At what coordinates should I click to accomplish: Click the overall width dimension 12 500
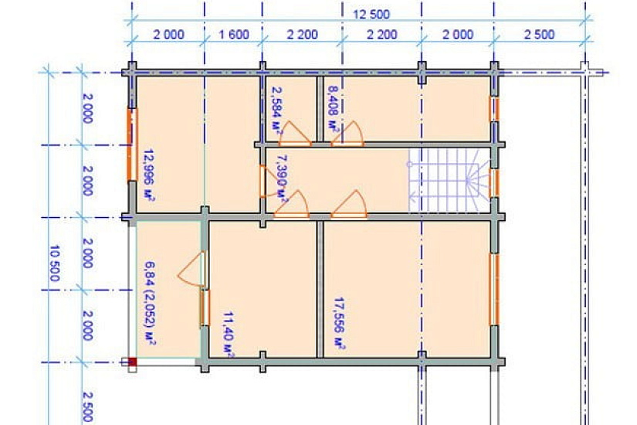click(371, 15)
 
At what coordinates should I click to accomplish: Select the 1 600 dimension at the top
click(234, 34)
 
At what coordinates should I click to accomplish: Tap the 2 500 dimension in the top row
click(539, 34)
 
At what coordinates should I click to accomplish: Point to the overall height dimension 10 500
click(55, 263)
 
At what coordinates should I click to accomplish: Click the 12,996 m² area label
click(149, 175)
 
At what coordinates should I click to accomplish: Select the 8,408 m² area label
click(333, 110)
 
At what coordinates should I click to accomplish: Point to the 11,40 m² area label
click(229, 335)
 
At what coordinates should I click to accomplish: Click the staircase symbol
click(448, 181)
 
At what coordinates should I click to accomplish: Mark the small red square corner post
click(133, 362)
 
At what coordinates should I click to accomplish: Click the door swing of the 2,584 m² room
click(295, 134)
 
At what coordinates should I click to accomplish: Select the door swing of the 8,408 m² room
click(347, 134)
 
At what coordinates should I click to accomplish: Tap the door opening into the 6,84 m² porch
click(191, 269)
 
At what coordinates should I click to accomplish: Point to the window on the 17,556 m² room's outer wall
click(494, 289)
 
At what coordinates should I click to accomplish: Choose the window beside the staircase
click(494, 183)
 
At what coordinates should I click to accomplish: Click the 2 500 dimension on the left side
click(87, 406)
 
